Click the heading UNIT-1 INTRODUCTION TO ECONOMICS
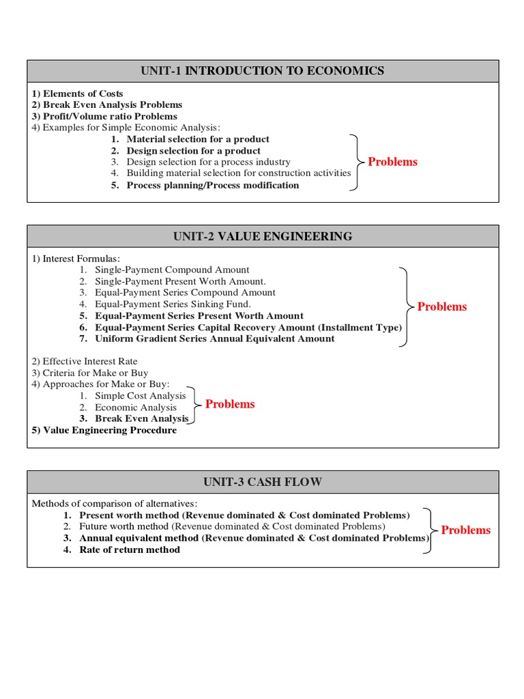click(263, 71)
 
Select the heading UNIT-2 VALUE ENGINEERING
click(263, 237)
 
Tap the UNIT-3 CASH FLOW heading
click(263, 482)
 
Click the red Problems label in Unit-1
click(392, 162)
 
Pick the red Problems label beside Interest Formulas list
click(442, 306)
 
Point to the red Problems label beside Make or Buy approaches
click(230, 404)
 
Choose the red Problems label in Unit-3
click(465, 530)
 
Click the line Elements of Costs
click(77, 94)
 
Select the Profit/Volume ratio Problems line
click(104, 117)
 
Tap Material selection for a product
click(197, 139)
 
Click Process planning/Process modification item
click(212, 185)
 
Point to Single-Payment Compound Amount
click(172, 270)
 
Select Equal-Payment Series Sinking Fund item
click(173, 304)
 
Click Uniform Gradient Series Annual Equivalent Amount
click(214, 339)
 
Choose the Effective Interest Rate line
click(85, 361)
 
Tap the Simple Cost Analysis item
click(140, 396)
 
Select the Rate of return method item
click(130, 550)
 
